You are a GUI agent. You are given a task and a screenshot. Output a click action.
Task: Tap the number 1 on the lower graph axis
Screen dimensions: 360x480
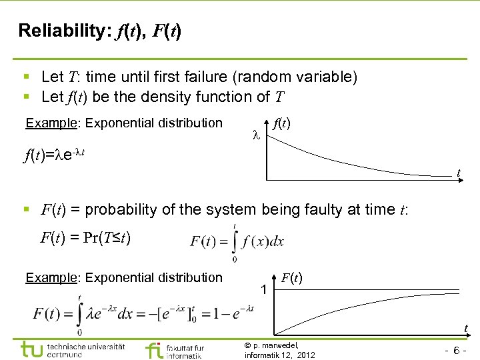click(264, 291)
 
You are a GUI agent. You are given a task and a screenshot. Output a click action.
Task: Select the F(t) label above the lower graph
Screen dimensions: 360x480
click(293, 277)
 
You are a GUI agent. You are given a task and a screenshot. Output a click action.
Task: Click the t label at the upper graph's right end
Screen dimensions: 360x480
click(459, 173)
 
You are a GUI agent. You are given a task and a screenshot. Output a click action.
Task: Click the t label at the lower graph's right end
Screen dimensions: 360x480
click(465, 327)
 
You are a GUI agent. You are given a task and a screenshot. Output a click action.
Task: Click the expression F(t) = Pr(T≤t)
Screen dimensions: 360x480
click(90, 237)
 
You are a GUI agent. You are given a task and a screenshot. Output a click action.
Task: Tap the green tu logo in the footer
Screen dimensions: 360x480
click(32, 349)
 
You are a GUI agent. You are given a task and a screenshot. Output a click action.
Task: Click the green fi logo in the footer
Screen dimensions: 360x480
click(153, 350)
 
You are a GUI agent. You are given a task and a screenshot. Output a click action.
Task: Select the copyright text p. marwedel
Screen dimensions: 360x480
click(274, 345)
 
